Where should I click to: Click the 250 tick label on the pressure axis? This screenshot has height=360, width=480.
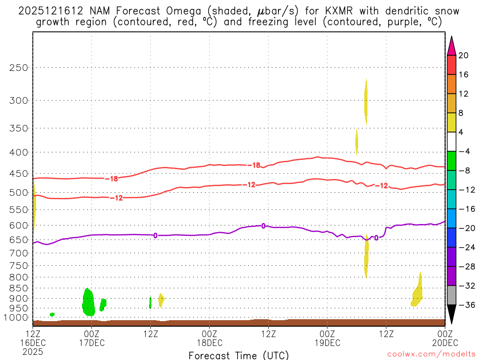point(19,67)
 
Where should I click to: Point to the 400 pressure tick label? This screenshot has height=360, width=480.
point(19,152)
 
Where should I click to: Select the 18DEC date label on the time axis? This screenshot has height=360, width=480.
point(210,342)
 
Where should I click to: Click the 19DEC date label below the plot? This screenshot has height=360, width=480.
point(327,342)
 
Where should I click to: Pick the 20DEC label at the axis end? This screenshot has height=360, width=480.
point(445,342)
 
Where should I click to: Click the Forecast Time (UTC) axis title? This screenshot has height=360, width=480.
point(239,355)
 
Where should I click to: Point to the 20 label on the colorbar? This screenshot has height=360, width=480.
point(464,55)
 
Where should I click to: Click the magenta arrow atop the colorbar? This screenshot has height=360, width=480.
point(451,45)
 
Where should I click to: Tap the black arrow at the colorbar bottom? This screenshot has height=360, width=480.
point(451,315)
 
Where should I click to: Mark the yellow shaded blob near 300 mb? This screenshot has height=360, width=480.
point(366,101)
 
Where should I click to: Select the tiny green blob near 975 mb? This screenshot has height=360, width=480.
point(52,314)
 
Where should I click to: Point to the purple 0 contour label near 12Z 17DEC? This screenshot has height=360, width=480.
point(155,235)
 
